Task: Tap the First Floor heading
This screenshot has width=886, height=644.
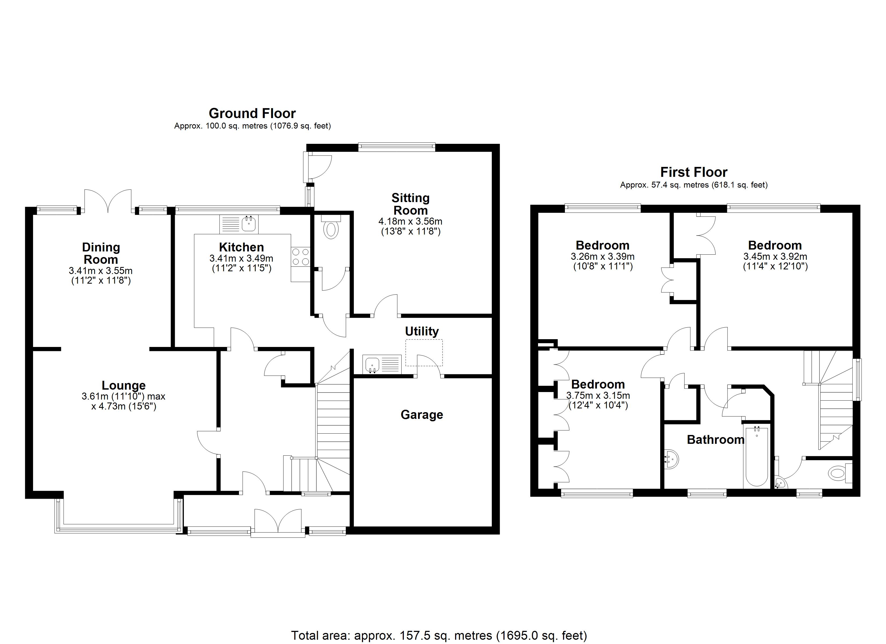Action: (694, 172)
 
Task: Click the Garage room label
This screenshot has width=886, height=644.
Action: (422, 415)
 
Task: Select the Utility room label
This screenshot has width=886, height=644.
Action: (422, 331)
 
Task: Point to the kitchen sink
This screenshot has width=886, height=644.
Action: (248, 224)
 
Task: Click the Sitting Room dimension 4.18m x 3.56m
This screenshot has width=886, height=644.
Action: (410, 221)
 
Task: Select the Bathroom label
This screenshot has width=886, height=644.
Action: (715, 440)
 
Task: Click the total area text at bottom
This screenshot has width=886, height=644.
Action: (439, 635)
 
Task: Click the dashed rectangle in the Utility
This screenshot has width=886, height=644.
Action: (424, 352)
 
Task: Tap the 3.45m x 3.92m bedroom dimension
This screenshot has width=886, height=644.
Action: (775, 257)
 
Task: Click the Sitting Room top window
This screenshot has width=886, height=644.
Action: (397, 147)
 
